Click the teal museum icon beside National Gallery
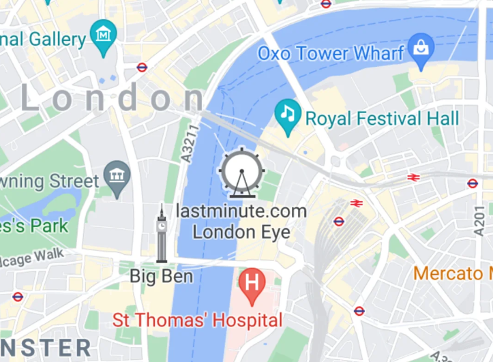(x=103, y=32)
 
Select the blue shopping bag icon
(x=422, y=48)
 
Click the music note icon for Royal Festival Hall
(x=287, y=112)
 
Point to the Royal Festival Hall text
(x=382, y=119)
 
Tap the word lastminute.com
(x=241, y=211)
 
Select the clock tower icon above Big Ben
(x=162, y=233)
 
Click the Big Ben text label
(x=162, y=276)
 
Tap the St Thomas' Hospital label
(x=197, y=320)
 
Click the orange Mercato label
(x=452, y=273)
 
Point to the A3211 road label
(x=190, y=142)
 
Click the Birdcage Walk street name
(x=34, y=258)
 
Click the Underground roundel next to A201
(x=473, y=183)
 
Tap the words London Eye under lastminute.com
(x=241, y=232)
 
